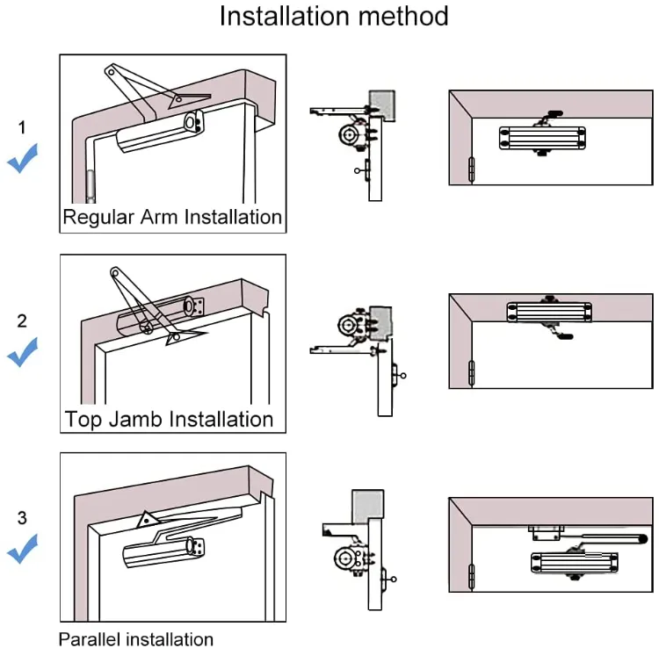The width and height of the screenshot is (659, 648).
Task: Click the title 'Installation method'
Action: [333, 17]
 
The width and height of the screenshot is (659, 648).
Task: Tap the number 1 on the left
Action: [22, 128]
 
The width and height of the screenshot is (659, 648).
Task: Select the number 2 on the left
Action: [23, 320]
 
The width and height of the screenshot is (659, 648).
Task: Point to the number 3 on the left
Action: [23, 517]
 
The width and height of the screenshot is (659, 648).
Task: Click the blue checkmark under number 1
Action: [23, 161]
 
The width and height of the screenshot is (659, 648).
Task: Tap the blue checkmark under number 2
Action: [23, 354]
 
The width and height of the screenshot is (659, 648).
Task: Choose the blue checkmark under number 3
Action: [23, 551]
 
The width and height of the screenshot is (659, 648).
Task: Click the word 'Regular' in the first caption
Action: [98, 217]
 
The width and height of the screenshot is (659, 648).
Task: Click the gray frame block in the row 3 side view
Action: [367, 504]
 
